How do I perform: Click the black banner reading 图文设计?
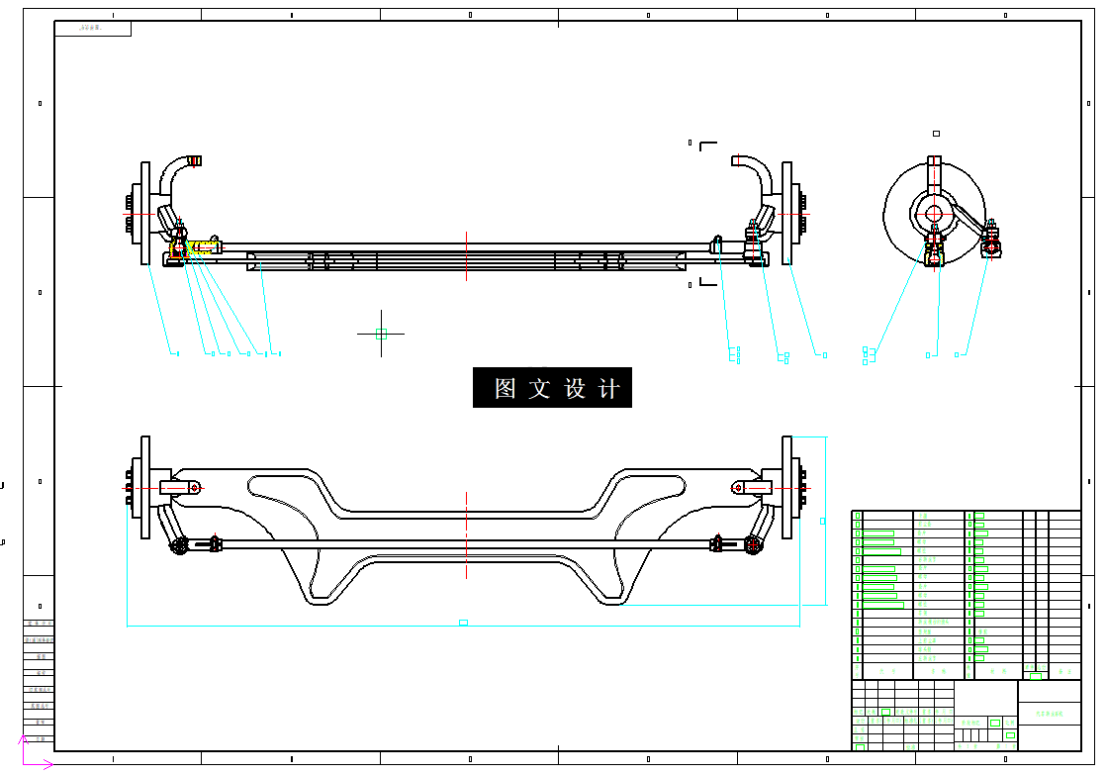pyautogui.click(x=552, y=388)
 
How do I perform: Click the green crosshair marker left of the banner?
pyautogui.click(x=381, y=334)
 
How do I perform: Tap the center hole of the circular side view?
pyautogui.click(x=934, y=213)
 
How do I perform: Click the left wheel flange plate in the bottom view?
pyautogui.click(x=146, y=488)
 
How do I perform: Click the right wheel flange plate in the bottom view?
pyautogui.click(x=787, y=488)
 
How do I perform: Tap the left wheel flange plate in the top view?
pyautogui.click(x=146, y=214)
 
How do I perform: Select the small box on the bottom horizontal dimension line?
pyautogui.click(x=463, y=623)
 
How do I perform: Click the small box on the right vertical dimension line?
pyautogui.click(x=823, y=520)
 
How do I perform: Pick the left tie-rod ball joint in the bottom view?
pyautogui.click(x=179, y=544)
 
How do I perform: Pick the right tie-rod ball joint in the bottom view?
pyautogui.click(x=753, y=543)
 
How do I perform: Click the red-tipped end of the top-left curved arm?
pyautogui.click(x=196, y=159)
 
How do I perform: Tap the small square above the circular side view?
pyautogui.click(x=936, y=133)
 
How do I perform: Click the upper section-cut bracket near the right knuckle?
pyautogui.click(x=706, y=145)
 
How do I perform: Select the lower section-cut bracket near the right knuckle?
pyautogui.click(x=706, y=283)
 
